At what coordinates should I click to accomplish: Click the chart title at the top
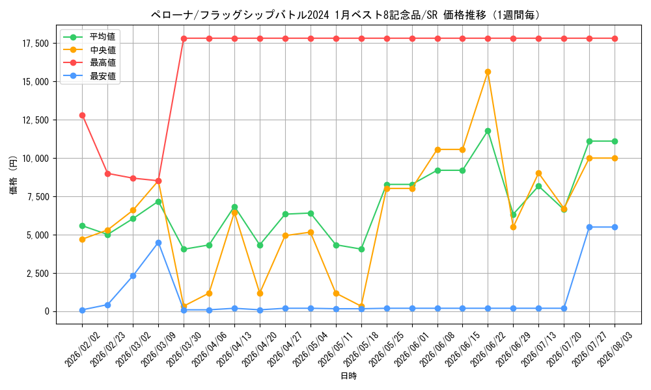point(346,16)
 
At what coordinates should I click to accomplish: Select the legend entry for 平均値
point(89,37)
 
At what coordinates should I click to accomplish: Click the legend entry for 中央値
point(89,50)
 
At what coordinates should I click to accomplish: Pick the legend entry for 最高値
point(89,63)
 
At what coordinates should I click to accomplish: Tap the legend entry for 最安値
point(89,76)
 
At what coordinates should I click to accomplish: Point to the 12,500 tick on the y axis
point(35,120)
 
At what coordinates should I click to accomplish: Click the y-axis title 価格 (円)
point(14,174)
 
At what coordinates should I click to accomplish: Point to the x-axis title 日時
point(349,376)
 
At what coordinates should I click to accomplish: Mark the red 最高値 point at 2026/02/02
point(82,115)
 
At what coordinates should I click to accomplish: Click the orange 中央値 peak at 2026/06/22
point(488,71)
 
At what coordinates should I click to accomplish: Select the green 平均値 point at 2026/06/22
point(488,131)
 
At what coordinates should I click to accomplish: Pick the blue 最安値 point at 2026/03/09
point(158,243)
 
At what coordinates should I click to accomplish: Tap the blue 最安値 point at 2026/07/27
point(589,227)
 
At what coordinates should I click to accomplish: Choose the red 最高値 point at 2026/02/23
point(107,174)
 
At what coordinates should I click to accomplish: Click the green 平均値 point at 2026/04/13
point(234,207)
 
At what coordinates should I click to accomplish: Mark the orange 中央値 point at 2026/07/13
point(538,174)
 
